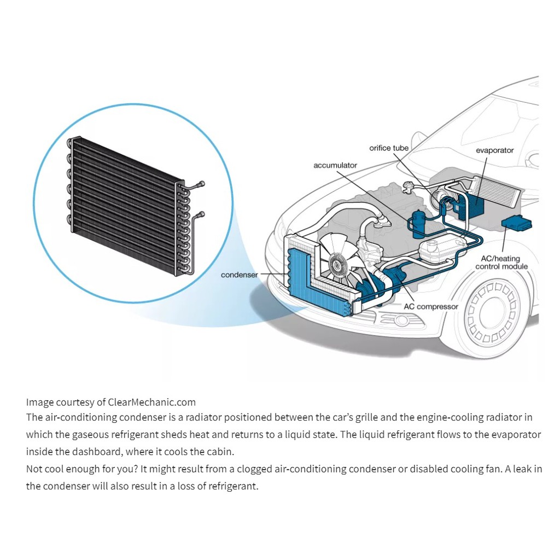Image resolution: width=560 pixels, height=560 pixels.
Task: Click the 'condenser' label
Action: [x=239, y=275]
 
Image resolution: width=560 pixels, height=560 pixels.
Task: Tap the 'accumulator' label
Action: [x=335, y=165]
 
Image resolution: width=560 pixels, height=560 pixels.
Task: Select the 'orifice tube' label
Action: [x=389, y=148]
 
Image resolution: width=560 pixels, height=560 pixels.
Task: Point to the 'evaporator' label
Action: [x=494, y=150]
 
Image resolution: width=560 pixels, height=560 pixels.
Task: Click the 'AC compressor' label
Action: [x=430, y=307]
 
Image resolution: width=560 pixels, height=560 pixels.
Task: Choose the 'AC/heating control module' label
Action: [x=501, y=262]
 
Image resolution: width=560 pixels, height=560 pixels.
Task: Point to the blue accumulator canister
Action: [x=419, y=223]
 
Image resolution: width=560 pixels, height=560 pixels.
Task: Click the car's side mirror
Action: [x=418, y=139]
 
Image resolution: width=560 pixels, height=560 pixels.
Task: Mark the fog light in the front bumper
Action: [x=402, y=320]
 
